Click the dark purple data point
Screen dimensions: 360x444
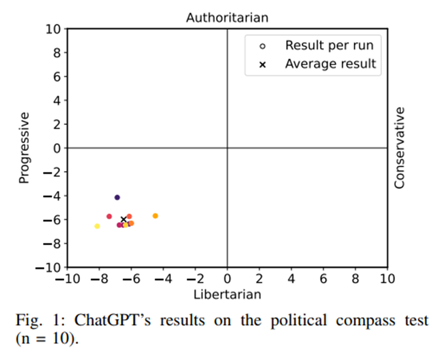[x=117, y=197]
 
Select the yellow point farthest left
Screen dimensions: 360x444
[x=97, y=226]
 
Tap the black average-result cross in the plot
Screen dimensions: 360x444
[x=123, y=219]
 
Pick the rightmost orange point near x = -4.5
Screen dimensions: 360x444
[x=155, y=215]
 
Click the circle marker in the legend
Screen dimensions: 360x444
[x=263, y=46]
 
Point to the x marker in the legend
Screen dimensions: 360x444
[x=263, y=64]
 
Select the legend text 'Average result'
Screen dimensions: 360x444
[x=331, y=64]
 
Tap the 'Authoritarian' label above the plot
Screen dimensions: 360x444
[x=227, y=18]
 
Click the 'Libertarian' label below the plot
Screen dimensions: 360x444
[x=227, y=294]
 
